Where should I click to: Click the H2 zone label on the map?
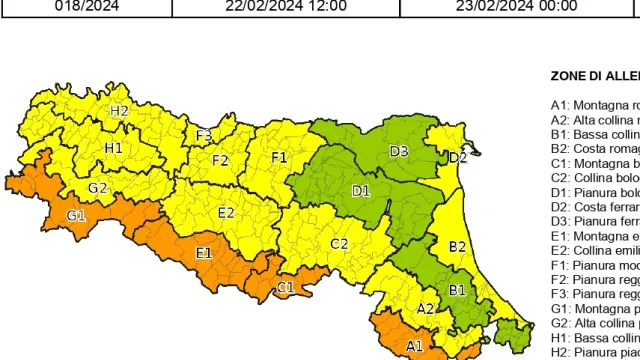pyautogui.click(x=120, y=111)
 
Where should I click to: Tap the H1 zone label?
pyautogui.click(x=113, y=148)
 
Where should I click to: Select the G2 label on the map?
pyautogui.click(x=98, y=188)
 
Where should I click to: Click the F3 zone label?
pyautogui.click(x=204, y=135)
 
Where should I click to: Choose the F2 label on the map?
pyautogui.click(x=220, y=160)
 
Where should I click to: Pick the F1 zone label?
pyautogui.click(x=279, y=157)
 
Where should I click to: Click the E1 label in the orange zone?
pyautogui.click(x=204, y=253)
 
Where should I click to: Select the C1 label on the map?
pyautogui.click(x=285, y=288)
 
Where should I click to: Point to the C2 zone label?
pyautogui.click(x=339, y=244)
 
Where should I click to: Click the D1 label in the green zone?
pyautogui.click(x=360, y=190)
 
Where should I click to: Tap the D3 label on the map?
pyautogui.click(x=398, y=152)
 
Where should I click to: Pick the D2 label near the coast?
pyautogui.click(x=457, y=158)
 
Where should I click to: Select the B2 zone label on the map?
pyautogui.click(x=458, y=246)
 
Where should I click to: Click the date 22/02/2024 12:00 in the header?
pyautogui.click(x=285, y=6)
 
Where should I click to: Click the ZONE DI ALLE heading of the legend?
pyautogui.click(x=595, y=76)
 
